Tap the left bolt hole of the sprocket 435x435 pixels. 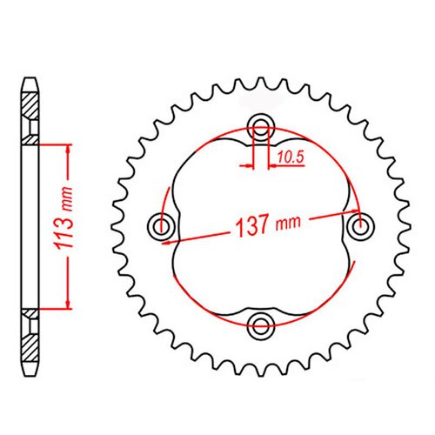pos(161,226)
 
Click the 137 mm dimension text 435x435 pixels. pos(261,224)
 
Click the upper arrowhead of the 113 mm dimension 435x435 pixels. pos(65,147)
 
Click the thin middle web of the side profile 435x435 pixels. pos(30,225)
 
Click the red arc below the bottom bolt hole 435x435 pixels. pos(260,345)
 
